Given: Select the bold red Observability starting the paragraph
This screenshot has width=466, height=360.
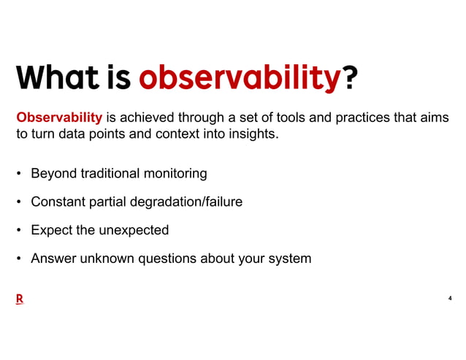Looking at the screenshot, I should coord(59,118).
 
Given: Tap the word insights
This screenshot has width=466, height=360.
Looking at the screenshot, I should coord(251,134).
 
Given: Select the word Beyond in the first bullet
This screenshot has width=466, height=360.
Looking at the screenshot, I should coord(53,174).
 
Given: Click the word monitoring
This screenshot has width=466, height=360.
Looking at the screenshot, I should coord(175,174).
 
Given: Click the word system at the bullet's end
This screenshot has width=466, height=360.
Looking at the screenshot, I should coord(290,258).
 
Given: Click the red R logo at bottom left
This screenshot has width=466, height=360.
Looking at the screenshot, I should coord(20,299).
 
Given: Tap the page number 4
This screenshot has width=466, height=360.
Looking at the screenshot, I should coord(449,298).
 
